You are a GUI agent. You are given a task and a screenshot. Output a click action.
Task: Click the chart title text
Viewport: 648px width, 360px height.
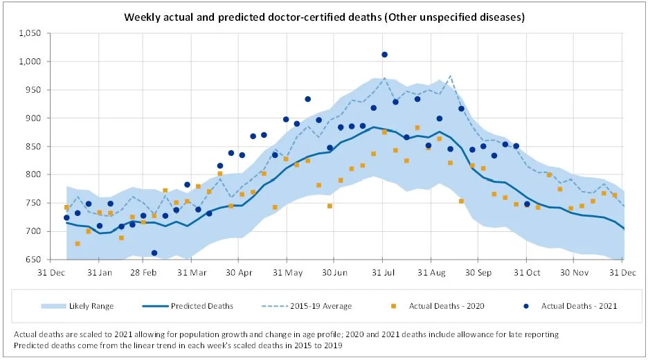pyautogui.click(x=324, y=16)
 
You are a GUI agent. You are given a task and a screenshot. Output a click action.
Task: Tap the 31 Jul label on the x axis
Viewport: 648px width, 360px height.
pyautogui.click(x=382, y=272)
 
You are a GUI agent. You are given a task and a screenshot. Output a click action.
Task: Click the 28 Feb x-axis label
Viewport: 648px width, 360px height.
pyautogui.click(x=145, y=272)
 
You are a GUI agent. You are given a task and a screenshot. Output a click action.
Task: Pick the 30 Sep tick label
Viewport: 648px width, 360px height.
pyautogui.click(x=478, y=272)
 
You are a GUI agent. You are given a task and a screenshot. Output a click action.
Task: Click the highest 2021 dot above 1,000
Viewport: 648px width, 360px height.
pyautogui.click(x=384, y=54)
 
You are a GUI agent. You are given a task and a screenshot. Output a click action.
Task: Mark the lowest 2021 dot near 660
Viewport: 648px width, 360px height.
pyautogui.click(x=154, y=253)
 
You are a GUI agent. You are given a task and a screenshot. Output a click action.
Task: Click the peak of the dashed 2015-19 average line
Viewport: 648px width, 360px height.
pyautogui.click(x=450, y=76)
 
